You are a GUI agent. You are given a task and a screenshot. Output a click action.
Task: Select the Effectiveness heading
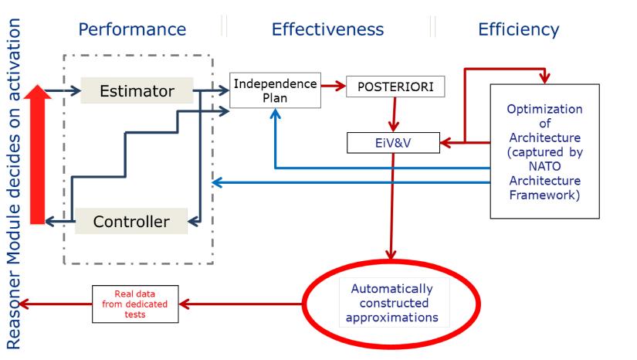327,30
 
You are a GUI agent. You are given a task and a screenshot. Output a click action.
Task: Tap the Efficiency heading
519,30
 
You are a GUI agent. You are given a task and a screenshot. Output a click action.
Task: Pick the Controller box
131,222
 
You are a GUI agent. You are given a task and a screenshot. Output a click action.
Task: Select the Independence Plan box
275,90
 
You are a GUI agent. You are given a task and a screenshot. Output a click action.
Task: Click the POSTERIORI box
395,87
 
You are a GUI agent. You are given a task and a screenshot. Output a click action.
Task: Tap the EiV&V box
392,142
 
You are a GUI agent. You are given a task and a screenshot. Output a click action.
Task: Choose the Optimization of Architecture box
544,151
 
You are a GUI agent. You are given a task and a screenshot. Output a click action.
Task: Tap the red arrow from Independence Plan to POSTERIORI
333,87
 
